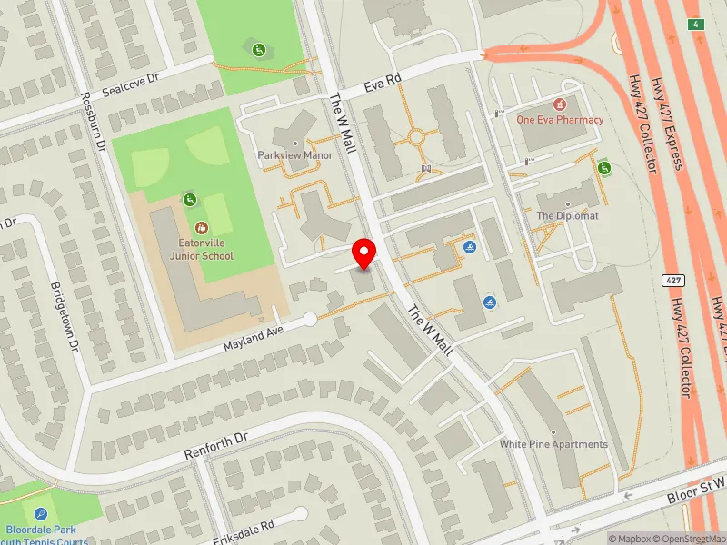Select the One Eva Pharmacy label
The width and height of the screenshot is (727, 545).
[560, 119]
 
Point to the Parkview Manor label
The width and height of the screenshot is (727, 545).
[294, 155]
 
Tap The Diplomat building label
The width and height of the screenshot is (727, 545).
[567, 215]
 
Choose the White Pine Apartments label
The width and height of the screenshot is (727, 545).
[553, 444]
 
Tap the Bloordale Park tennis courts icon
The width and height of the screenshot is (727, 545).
[36, 515]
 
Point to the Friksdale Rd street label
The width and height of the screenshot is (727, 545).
[243, 528]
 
